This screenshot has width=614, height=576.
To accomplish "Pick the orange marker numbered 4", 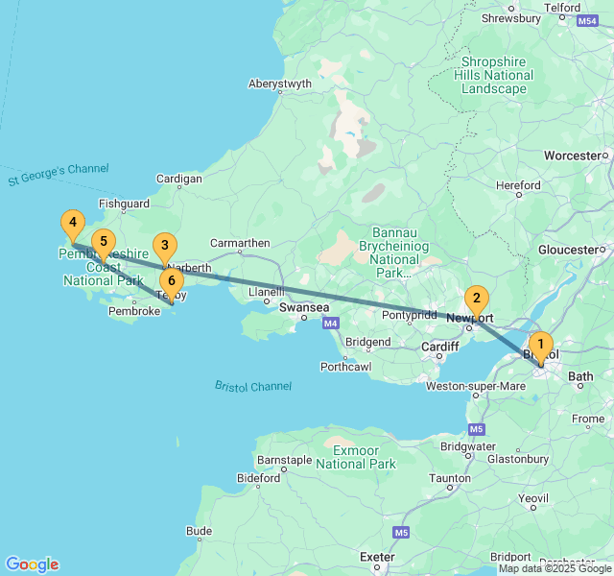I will point(72,224).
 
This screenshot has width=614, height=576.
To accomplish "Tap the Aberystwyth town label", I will point(280,84).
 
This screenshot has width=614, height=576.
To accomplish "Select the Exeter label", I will point(377,557).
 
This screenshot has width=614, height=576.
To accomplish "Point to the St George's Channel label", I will point(58,174).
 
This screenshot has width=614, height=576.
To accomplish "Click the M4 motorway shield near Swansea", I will point(331,324).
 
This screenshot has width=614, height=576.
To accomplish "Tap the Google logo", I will point(32,564).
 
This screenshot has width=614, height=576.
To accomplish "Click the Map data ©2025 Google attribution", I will point(555,568).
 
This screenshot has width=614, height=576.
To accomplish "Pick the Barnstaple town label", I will point(285,461).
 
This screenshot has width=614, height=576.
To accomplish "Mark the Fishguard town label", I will point(124,204).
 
